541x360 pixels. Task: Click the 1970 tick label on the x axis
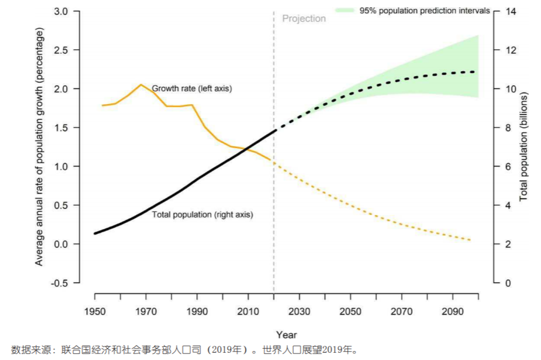(146, 312)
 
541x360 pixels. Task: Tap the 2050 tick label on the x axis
(350, 312)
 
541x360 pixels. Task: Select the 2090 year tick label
(452, 312)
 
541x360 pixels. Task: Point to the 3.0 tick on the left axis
(62, 11)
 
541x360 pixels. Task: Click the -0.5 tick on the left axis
(61, 283)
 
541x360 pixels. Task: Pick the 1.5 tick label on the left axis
(62, 128)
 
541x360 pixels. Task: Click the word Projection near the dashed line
(304, 19)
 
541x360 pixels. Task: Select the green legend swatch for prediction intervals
(345, 10)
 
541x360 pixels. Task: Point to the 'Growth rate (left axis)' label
(192, 89)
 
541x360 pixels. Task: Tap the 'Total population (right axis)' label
(202, 214)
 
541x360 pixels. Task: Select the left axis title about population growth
(39, 147)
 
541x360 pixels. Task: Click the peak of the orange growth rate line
(141, 84)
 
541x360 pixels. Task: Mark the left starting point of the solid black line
(95, 234)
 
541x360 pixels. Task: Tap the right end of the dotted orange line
(470, 240)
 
